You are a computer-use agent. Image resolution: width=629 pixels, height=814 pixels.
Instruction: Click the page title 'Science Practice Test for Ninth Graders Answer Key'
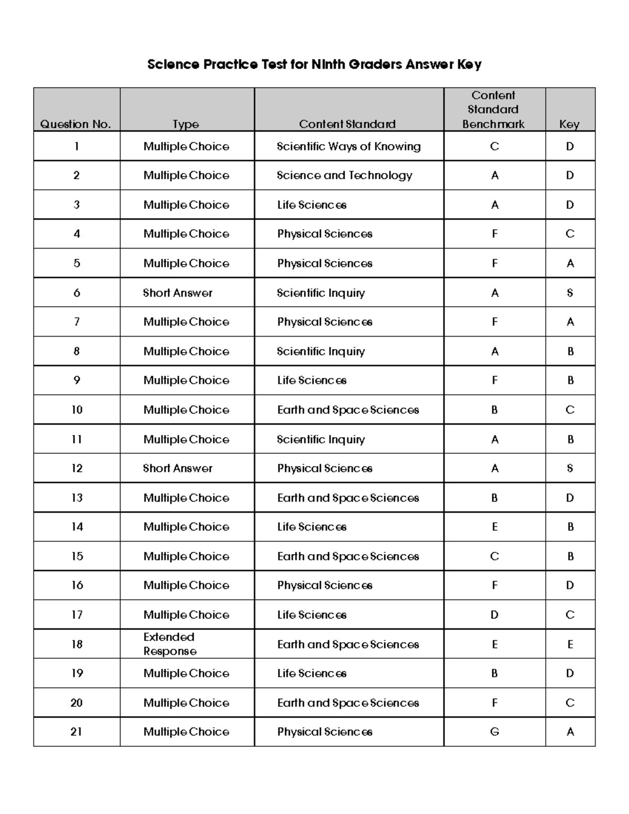coord(314,64)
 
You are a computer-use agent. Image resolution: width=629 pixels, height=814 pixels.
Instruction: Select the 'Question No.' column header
coord(76,124)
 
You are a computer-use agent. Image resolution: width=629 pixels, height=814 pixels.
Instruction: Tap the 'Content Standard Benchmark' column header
coord(493,110)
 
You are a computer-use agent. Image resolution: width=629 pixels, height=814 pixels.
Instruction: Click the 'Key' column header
coord(569,124)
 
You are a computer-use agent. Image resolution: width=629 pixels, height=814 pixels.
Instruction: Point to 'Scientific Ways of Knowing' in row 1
coord(349,146)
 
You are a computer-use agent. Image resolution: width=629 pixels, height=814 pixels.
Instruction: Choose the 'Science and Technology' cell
coord(344,176)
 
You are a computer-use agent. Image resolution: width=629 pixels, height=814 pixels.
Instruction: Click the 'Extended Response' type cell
coord(170,644)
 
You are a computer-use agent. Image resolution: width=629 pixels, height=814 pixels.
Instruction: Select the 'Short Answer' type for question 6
coord(178,293)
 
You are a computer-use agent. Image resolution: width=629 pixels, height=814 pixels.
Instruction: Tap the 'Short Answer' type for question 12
coord(178,468)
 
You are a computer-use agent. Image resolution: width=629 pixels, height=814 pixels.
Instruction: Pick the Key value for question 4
coord(570,234)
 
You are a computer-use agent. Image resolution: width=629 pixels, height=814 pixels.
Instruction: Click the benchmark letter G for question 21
coord(494,732)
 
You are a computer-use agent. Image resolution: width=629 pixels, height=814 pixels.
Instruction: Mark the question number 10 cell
coord(77,410)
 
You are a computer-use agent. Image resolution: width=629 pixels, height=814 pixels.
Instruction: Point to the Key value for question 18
coord(570,644)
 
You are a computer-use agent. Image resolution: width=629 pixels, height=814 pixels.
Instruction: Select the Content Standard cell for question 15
coord(348,556)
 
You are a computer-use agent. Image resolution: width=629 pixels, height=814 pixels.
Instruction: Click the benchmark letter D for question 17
coord(494,615)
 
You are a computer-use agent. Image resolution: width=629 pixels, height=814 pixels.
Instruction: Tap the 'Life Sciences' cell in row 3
coord(312,205)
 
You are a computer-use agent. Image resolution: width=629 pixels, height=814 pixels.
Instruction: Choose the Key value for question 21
coord(570,732)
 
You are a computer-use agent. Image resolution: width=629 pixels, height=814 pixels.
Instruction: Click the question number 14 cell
coord(77,527)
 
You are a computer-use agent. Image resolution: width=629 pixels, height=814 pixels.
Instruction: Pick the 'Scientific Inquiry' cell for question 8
coord(321,351)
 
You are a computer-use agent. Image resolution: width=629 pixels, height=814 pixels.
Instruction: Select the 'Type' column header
coord(186,124)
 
